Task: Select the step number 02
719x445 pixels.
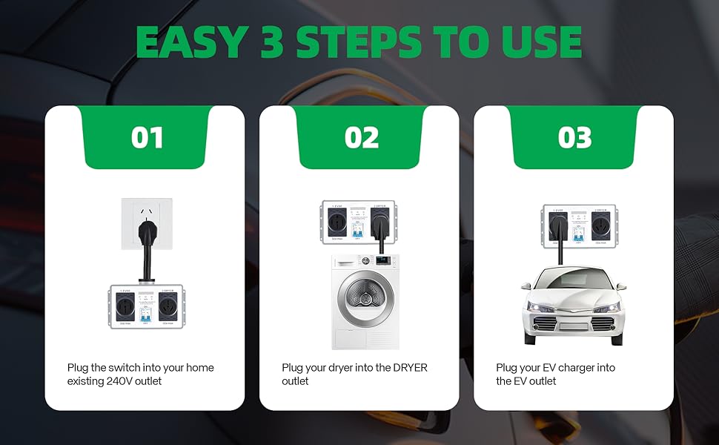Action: pos(360,138)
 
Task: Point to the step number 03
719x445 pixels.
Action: pos(574,138)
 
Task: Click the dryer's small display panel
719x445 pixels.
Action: pos(382,262)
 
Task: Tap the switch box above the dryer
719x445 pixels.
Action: pos(359,223)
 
